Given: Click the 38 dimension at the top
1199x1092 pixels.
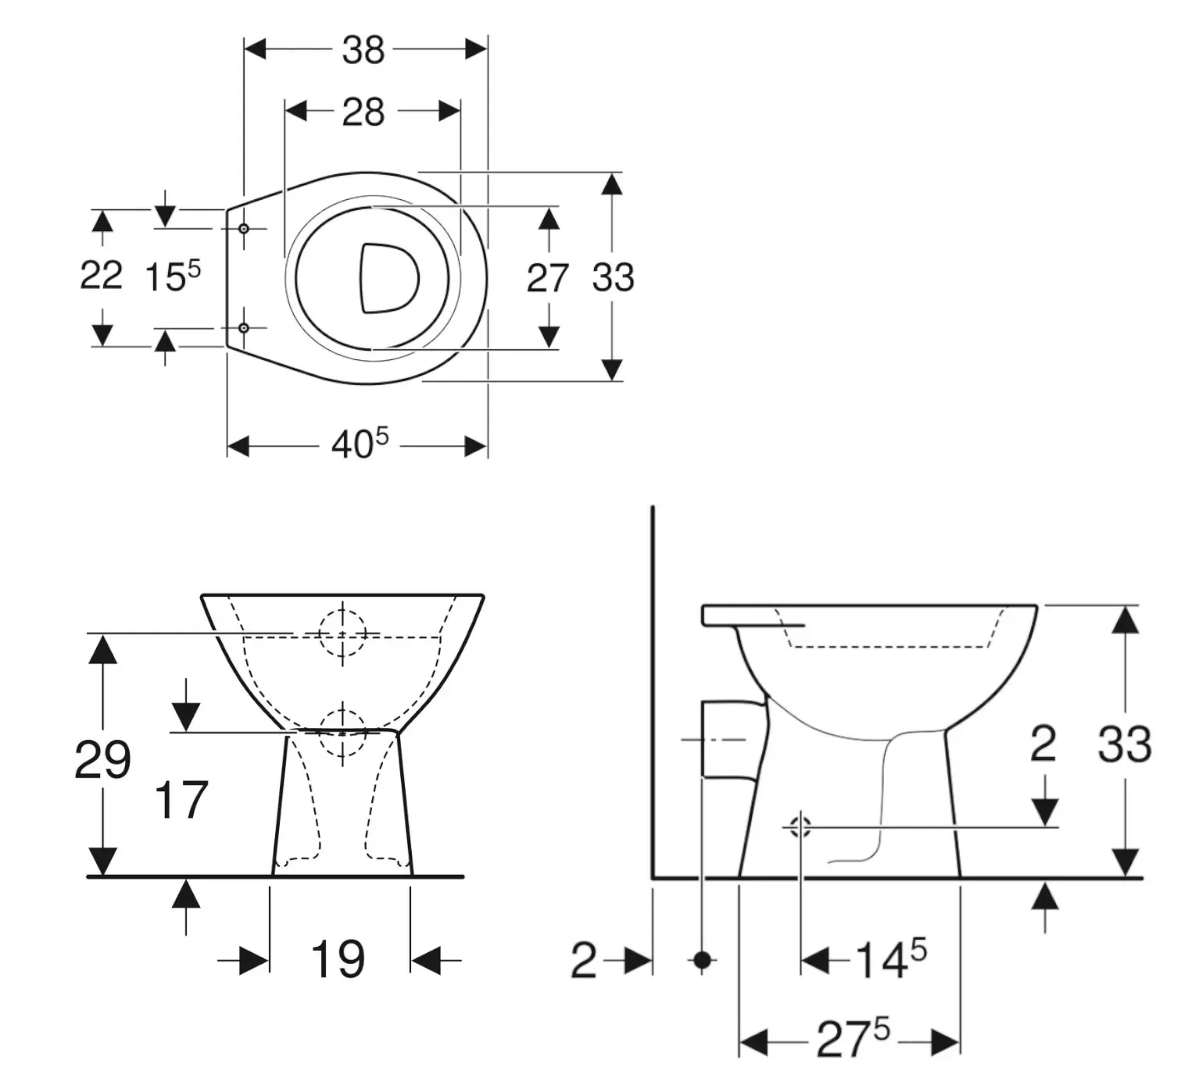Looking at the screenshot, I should (x=363, y=50).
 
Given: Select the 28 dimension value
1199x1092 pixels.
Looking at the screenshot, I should (x=363, y=112).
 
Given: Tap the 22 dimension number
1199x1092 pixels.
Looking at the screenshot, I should (x=102, y=276).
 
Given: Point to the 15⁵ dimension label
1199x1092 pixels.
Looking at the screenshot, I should (x=173, y=277).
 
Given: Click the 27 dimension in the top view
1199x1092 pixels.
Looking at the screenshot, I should (x=547, y=278).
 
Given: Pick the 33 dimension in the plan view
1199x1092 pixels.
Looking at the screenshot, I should (x=613, y=277).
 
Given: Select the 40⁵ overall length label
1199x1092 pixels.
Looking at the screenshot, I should (x=360, y=445).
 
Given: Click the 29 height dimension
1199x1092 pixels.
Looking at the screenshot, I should (x=102, y=759).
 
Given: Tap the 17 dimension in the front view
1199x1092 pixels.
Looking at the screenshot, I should (x=181, y=800).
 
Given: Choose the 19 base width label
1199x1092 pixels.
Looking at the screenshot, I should (x=338, y=959).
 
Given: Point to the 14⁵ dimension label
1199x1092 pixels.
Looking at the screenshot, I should (x=890, y=959).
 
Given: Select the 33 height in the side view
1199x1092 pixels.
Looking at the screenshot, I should (x=1125, y=744).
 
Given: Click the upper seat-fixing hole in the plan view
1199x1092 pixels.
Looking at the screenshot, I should (x=244, y=228).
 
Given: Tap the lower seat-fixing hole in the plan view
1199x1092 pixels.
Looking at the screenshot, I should (x=244, y=328).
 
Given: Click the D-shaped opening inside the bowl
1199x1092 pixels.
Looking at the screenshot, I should (x=388, y=278).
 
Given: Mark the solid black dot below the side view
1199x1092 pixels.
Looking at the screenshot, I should (x=703, y=959).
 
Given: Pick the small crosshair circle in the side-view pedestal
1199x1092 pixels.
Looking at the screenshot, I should (x=800, y=826).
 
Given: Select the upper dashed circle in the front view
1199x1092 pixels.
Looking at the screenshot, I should (x=342, y=633).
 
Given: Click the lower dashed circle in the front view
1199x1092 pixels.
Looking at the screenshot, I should (x=342, y=732).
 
